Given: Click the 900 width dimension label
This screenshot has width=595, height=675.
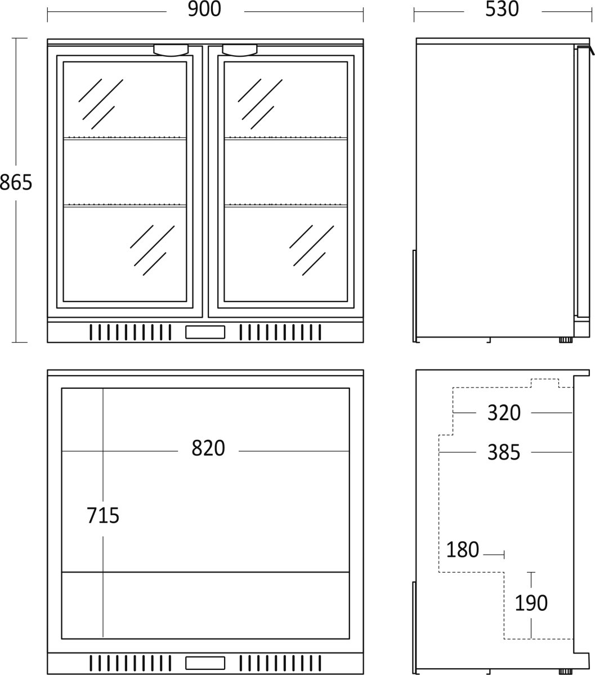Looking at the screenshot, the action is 204,10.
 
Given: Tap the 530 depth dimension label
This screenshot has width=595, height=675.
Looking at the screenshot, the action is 502,10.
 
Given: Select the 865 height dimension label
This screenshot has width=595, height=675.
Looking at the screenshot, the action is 16,183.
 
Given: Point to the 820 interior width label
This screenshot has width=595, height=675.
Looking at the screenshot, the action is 208,448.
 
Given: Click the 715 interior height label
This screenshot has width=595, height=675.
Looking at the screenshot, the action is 102,515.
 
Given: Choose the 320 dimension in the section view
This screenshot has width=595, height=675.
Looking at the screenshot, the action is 504,413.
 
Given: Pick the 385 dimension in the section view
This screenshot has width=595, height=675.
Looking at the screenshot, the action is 504,452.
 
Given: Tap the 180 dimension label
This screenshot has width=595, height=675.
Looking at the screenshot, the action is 462,550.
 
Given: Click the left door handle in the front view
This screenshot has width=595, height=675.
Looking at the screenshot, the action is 171,50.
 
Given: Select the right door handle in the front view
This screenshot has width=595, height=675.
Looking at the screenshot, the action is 239,50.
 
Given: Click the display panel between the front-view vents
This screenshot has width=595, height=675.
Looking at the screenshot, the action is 205,332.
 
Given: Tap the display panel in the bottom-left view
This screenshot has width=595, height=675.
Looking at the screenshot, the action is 205,663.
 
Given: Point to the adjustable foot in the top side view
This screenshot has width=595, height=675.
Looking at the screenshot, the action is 566,340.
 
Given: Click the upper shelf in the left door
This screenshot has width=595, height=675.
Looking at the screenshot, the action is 125,138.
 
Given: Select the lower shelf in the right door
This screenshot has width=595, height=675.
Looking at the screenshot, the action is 286,205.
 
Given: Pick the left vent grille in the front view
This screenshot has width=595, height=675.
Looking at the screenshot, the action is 131,332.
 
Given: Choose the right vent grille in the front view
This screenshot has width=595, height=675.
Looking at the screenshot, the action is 280,332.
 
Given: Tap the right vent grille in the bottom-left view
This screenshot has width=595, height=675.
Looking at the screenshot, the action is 280,663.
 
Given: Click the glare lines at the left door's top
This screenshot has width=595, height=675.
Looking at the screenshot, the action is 101,104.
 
